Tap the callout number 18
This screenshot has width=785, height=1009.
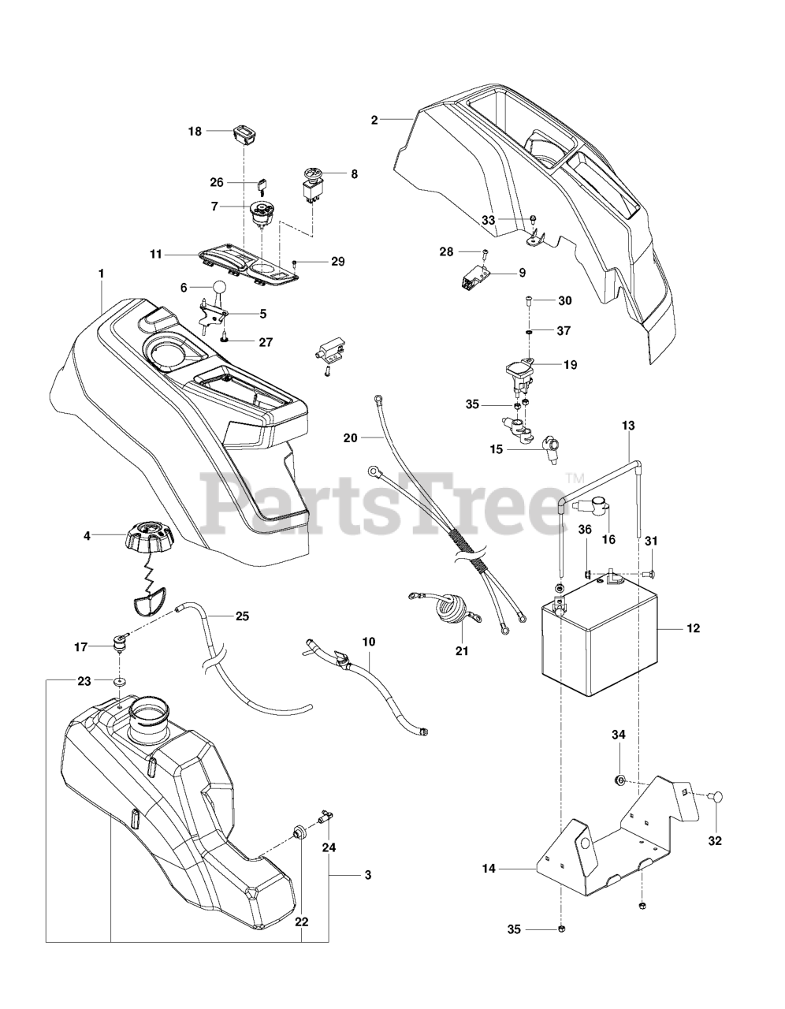tap(194, 132)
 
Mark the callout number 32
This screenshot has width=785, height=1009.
tap(715, 840)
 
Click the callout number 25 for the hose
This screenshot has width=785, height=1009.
tap(242, 616)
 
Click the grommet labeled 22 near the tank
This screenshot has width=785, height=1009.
tap(300, 832)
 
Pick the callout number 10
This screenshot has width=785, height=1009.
tap(368, 642)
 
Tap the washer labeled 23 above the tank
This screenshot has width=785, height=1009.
tap(120, 679)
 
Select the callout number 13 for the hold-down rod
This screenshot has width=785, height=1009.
tap(628, 425)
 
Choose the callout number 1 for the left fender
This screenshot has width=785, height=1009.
tap(101, 273)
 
